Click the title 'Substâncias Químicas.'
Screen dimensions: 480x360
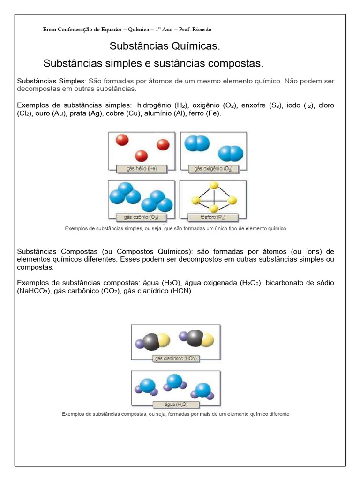(x=165, y=46)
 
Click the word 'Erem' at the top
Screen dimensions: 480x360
(x=49, y=30)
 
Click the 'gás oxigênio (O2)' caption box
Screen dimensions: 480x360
(x=214, y=168)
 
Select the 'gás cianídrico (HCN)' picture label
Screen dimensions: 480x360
(x=176, y=359)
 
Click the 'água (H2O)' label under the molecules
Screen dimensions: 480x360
(x=176, y=404)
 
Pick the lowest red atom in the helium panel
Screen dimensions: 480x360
(x=141, y=156)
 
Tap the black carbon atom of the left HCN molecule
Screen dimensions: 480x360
(x=151, y=341)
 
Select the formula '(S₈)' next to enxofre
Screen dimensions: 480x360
(x=276, y=105)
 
